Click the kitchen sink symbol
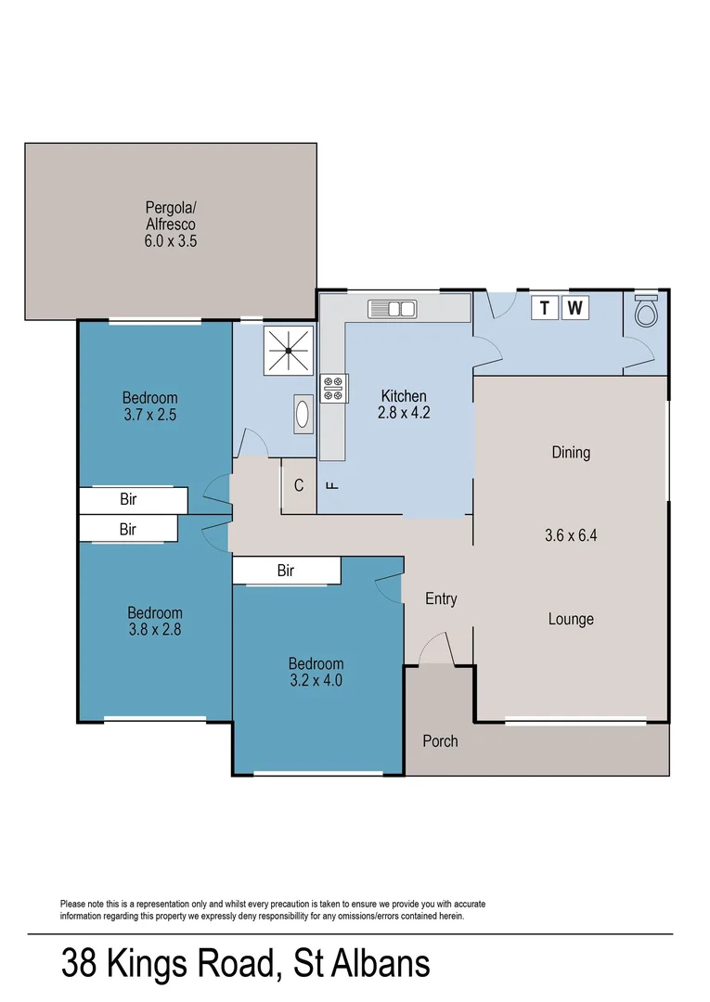coord(393,308)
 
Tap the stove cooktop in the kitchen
coord(333,389)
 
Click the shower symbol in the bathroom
coord(289,351)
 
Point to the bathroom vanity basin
coord(303,414)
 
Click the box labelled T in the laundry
coord(544,308)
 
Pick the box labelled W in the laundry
coord(575,308)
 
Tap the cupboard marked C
coord(299,485)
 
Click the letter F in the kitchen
coord(329,485)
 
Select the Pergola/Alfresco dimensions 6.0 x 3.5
coord(171,240)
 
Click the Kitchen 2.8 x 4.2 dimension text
coord(404,413)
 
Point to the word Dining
coord(571,453)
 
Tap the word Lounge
coord(571,619)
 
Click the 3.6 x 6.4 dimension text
coord(571,534)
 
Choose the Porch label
coord(440,741)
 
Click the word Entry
coord(441,599)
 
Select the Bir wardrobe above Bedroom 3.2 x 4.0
coord(286,571)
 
